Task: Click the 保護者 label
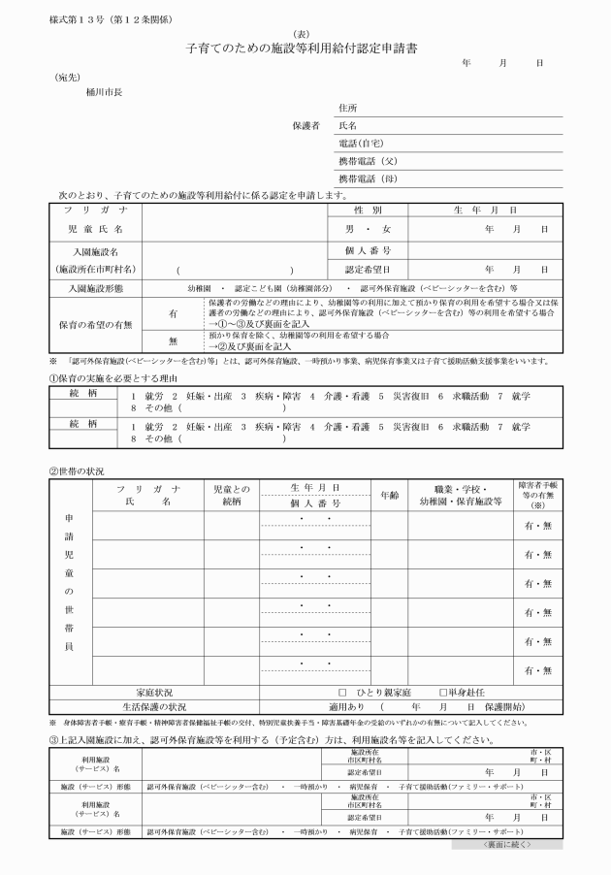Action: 305,126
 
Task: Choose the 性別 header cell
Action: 368,210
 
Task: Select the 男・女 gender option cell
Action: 368,229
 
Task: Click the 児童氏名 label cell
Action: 93,229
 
